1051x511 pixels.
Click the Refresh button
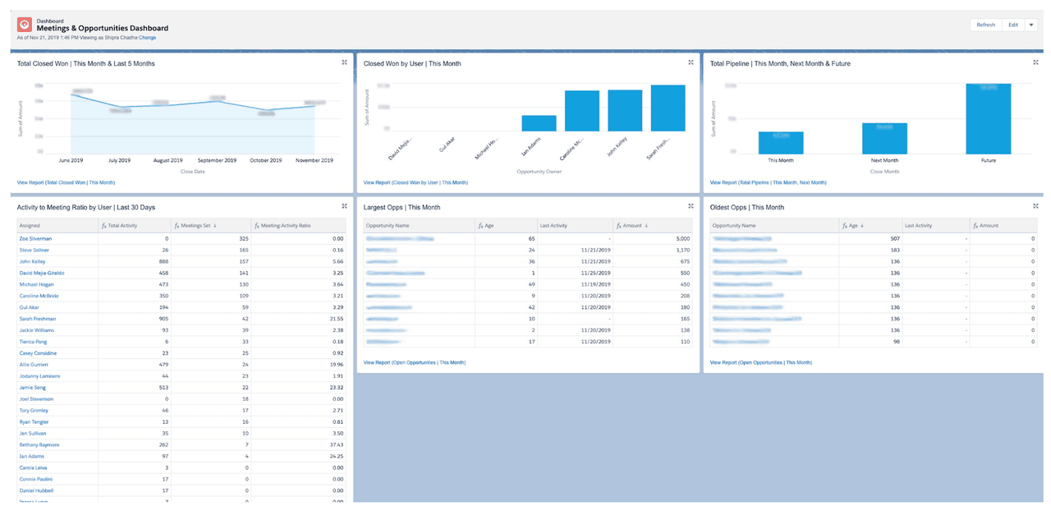985,25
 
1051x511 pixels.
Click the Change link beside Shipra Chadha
147,38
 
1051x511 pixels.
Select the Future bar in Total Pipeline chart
988,119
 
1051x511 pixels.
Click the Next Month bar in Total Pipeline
884,139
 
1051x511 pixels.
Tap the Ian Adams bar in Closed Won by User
539,123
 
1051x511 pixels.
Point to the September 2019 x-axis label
217,160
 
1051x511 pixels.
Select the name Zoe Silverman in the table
35,238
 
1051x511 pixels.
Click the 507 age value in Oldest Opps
893,238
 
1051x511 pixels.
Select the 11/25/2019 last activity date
586,273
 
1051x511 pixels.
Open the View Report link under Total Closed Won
66,182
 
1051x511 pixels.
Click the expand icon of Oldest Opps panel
1037,206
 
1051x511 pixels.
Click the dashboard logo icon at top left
25,25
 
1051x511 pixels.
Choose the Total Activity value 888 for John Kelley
161,261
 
